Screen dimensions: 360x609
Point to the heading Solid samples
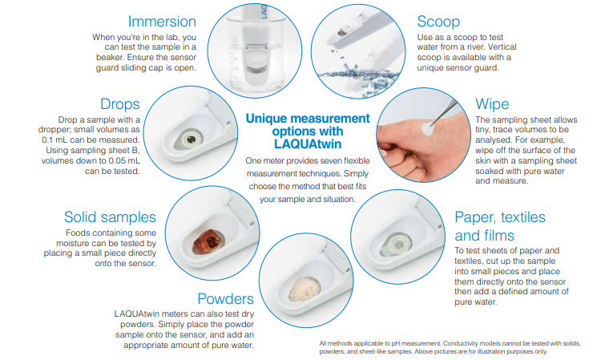[x=110, y=217]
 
